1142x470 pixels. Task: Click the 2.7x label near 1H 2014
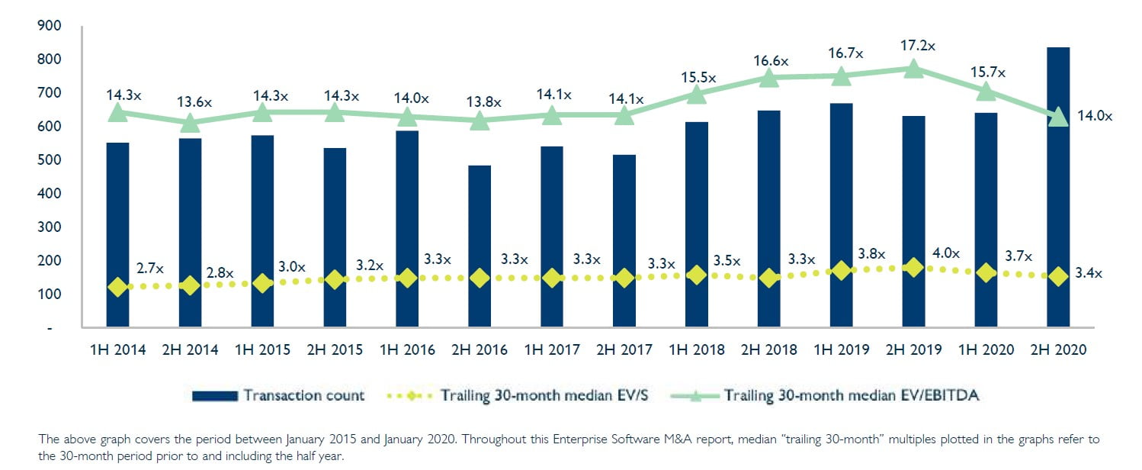(151, 269)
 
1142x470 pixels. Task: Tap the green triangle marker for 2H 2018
(768, 77)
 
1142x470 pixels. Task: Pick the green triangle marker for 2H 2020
(1057, 117)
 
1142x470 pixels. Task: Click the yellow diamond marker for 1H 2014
(117, 287)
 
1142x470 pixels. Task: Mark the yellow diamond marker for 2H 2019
(913, 267)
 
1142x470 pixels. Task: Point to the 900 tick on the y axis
(48, 26)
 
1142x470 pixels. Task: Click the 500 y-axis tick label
(48, 160)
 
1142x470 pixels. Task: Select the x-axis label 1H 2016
(406, 349)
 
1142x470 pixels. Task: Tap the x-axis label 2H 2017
(624, 349)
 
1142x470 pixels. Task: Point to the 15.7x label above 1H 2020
(988, 72)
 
